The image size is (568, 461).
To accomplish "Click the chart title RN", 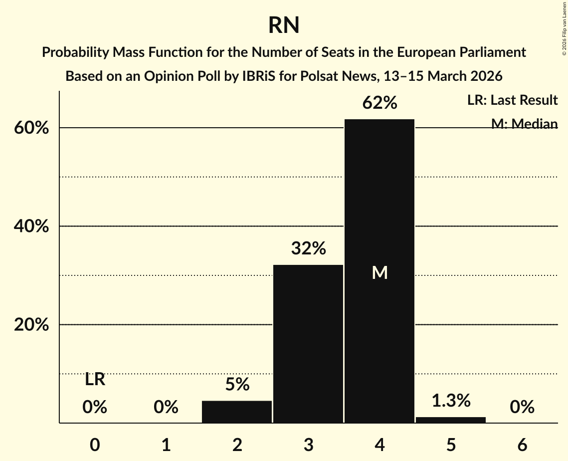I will pyautogui.click(x=284, y=25).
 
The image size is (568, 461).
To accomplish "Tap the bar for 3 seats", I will pyautogui.click(x=308, y=344).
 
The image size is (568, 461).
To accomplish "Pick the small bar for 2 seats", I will pyautogui.click(x=237, y=412).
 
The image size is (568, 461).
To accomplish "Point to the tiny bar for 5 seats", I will pyautogui.click(x=451, y=420).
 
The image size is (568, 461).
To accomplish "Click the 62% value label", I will pyautogui.click(x=379, y=103).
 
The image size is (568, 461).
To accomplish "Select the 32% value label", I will pyautogui.click(x=308, y=248).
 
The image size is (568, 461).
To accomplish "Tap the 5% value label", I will pyautogui.click(x=237, y=384).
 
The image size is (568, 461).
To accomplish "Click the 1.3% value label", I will pyautogui.click(x=451, y=400).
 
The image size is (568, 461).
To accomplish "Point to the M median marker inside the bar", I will pyautogui.click(x=380, y=272).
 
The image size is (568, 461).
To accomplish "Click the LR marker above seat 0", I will pyautogui.click(x=95, y=380).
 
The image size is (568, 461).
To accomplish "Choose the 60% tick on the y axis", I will pyautogui.click(x=31, y=128).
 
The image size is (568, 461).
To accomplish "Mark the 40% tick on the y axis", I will pyautogui.click(x=31, y=227).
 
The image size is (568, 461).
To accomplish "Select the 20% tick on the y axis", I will pyautogui.click(x=31, y=325).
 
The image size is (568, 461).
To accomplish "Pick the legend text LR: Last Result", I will pyautogui.click(x=512, y=100).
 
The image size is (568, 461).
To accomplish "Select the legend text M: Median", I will pyautogui.click(x=524, y=124).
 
